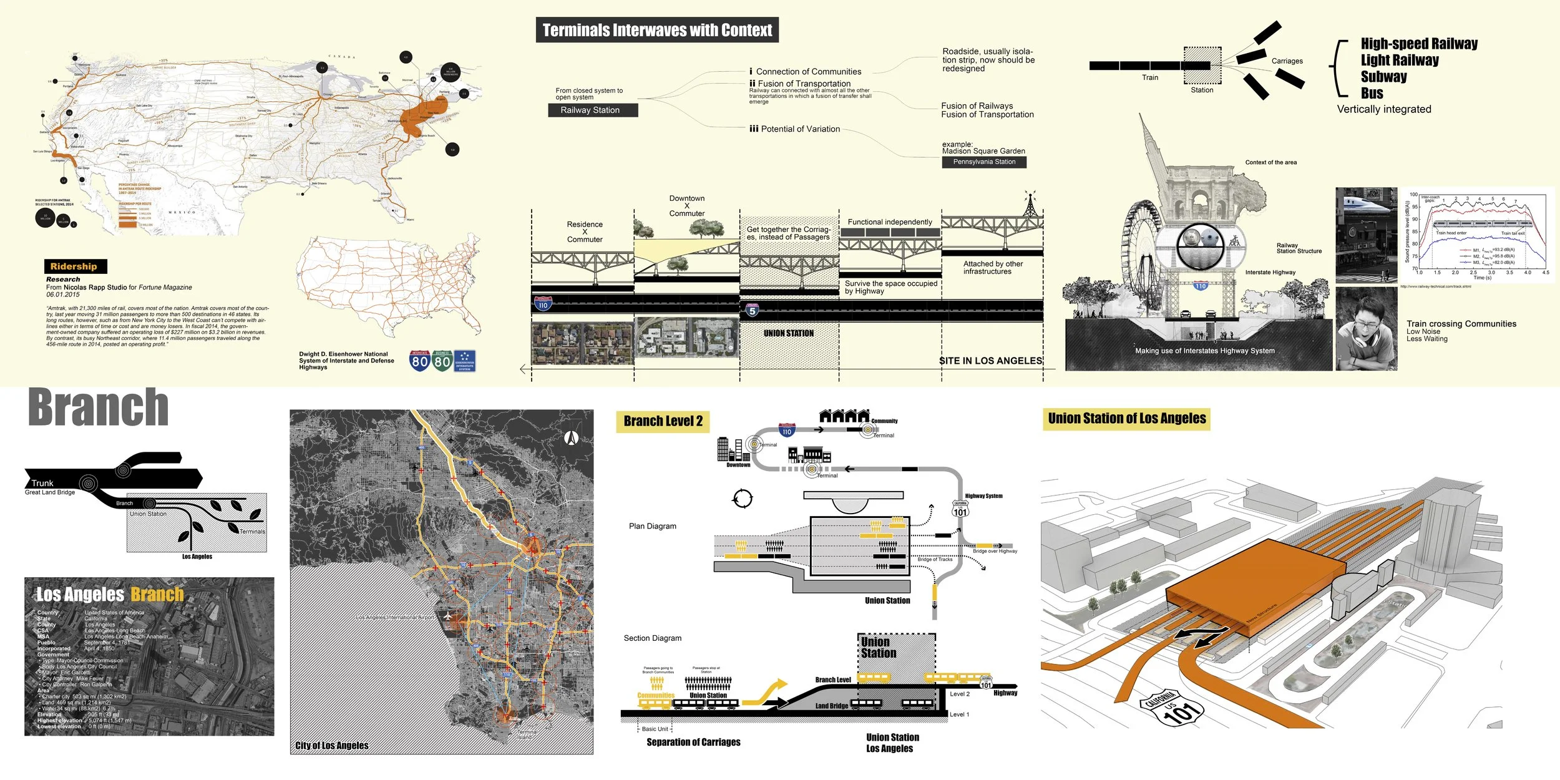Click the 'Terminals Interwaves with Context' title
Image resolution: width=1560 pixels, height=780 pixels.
(x=657, y=30)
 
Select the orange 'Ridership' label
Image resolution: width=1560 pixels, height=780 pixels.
(x=74, y=266)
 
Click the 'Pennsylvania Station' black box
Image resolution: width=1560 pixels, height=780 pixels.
(x=984, y=162)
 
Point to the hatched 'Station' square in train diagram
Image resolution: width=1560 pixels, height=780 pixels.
(x=1202, y=65)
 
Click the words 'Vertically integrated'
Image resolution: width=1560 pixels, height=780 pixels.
(x=1383, y=109)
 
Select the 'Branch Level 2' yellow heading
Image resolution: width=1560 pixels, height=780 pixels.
(x=663, y=421)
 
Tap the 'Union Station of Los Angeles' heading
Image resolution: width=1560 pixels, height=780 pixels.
(x=1126, y=419)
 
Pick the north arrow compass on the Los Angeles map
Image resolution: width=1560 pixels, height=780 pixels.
(x=571, y=438)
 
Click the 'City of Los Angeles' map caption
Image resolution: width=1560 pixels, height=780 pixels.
(x=331, y=746)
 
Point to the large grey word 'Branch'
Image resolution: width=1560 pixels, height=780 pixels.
(x=99, y=407)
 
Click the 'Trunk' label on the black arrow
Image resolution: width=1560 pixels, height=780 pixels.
(x=42, y=483)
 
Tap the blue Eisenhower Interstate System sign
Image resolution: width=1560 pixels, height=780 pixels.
(x=464, y=361)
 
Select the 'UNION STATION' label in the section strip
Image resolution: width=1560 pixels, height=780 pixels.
(x=788, y=334)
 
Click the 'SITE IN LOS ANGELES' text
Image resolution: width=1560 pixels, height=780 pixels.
(x=991, y=361)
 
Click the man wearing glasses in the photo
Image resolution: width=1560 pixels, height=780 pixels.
(x=1367, y=329)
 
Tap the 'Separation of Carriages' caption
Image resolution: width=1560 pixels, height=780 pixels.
(x=693, y=743)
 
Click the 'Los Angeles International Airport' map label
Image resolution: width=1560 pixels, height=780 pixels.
(x=395, y=617)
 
